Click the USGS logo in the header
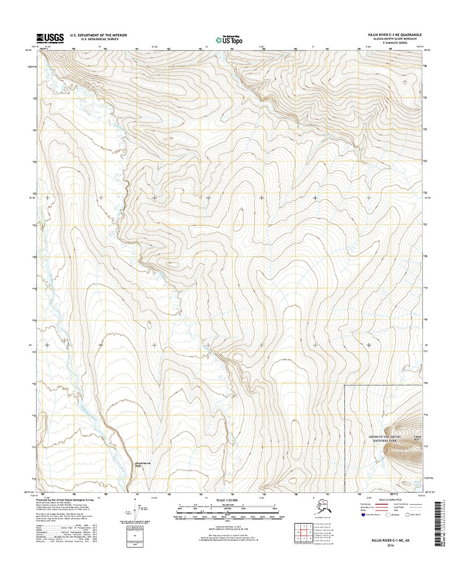click(x=50, y=38)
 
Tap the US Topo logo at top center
click(x=228, y=39)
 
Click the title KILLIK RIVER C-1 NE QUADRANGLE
click(x=391, y=34)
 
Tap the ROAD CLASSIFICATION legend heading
click(x=389, y=499)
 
